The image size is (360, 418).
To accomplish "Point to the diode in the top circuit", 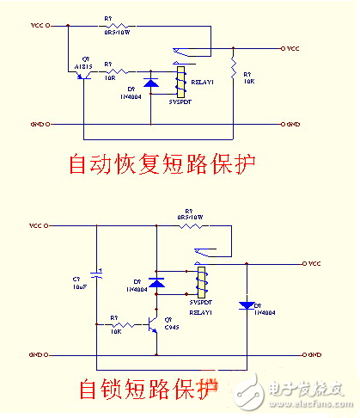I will tap(151, 83).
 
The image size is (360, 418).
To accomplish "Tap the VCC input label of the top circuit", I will tap(40, 27).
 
